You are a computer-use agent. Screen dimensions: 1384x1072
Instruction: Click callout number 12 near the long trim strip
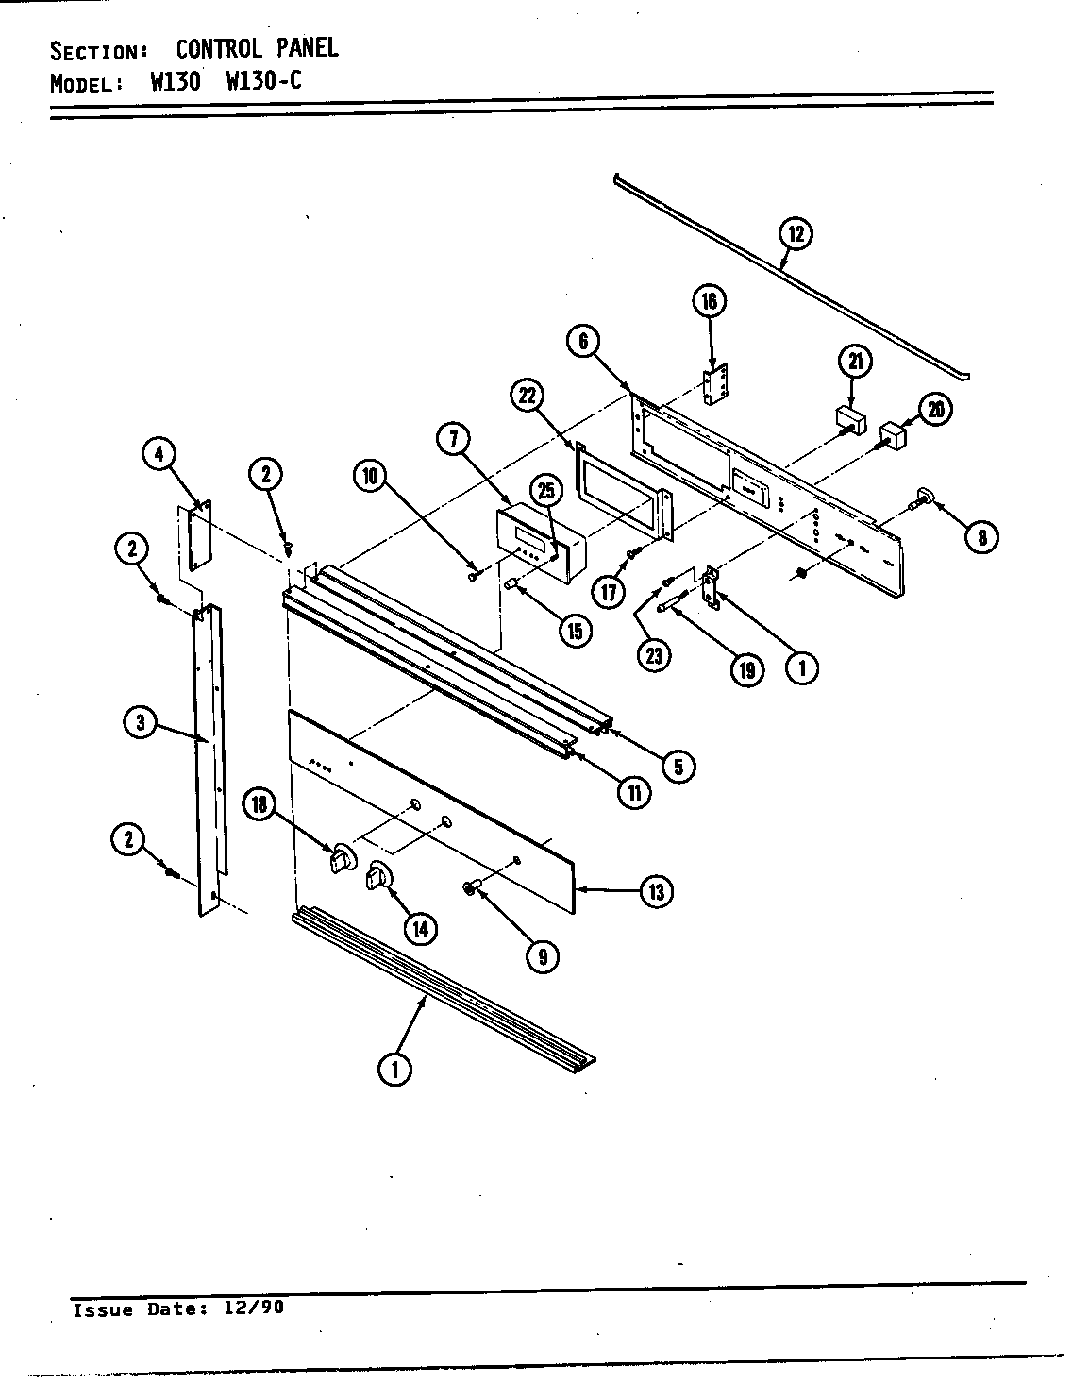796,233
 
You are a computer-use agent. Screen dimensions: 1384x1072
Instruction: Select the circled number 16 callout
710,301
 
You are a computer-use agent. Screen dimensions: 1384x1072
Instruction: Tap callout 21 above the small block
855,362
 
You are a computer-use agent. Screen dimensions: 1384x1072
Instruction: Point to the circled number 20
935,409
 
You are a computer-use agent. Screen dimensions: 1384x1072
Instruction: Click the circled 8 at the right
981,537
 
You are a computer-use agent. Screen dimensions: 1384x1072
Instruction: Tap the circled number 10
371,476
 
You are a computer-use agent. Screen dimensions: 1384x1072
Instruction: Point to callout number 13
656,890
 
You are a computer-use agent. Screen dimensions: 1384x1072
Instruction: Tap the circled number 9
543,957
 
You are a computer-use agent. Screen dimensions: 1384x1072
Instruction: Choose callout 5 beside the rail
678,765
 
